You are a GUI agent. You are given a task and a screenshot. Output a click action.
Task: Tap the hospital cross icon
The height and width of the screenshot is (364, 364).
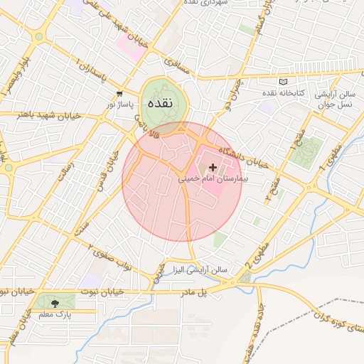click(x=213, y=167)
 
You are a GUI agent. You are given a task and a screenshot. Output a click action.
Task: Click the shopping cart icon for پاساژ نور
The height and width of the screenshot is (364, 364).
click(x=119, y=94)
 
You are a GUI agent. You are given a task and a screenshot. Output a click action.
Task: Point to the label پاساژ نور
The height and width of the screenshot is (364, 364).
click(x=119, y=105)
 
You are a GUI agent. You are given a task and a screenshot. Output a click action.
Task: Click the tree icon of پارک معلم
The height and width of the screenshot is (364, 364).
click(x=55, y=303)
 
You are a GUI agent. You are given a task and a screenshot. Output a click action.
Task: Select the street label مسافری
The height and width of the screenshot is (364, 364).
click(x=178, y=64)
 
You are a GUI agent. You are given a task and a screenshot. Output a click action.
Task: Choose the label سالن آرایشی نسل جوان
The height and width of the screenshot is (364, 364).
click(x=337, y=99)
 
